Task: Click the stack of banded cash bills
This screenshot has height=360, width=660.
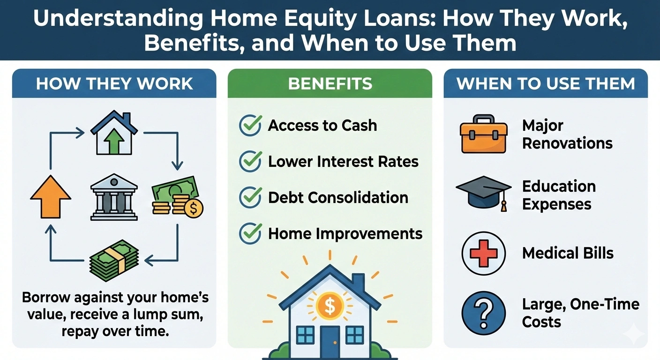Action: point(114,261)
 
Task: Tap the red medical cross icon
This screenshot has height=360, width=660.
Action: point(483,254)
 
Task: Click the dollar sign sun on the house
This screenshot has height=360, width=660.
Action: point(330,307)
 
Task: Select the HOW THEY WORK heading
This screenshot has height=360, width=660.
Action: point(114,83)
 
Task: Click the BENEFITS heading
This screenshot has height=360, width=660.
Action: point(330,83)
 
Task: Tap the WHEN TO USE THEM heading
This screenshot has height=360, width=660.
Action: point(546,83)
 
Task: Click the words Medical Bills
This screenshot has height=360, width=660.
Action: point(568,254)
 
